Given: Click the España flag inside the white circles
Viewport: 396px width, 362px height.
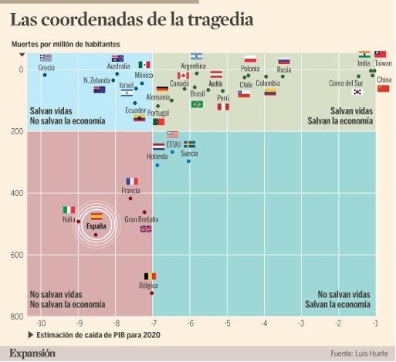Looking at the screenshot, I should (97, 216).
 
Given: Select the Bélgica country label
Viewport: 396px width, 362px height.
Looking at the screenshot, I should (147, 285).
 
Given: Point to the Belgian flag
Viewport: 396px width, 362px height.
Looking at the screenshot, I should (150, 276).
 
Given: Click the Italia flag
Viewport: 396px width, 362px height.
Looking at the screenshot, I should (69, 209).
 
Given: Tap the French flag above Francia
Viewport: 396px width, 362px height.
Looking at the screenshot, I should (132, 181).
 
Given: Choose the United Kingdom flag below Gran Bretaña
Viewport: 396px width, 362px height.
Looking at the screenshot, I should (146, 228).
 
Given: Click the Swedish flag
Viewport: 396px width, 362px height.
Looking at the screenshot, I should (189, 144).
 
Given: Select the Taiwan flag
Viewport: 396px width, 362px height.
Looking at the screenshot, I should (381, 55).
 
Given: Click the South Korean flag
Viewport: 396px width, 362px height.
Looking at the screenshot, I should (357, 92).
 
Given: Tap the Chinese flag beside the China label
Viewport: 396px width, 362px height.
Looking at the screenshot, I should (383, 89).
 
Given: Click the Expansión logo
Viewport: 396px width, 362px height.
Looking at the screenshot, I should (32, 353).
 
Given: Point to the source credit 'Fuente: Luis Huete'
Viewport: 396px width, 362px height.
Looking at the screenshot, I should (358, 354).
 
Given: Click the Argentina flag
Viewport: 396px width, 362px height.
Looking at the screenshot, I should (196, 56).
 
